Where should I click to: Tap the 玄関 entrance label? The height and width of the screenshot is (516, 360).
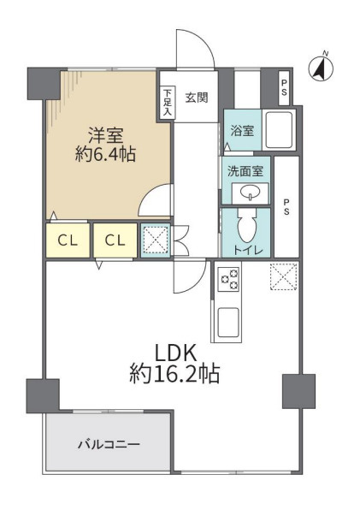pos(196,97)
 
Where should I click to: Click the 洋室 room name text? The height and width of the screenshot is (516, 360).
pos(107,134)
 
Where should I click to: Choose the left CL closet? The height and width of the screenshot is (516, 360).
pos(68,240)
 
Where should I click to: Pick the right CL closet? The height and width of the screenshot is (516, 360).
pos(115,240)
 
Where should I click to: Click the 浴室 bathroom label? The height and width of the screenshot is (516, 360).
pos(241,131)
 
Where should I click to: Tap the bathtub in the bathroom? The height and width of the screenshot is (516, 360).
pos(280,131)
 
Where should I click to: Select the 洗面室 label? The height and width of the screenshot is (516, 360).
pos(245,169)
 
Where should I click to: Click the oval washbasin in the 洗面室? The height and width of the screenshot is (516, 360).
pos(251,191)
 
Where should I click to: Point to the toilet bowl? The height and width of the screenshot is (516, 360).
pos(246,228)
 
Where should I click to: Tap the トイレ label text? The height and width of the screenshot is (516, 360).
pos(248,250)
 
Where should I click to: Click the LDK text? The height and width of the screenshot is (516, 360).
pos(176,352)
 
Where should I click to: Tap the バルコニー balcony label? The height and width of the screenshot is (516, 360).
pos(108,445)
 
